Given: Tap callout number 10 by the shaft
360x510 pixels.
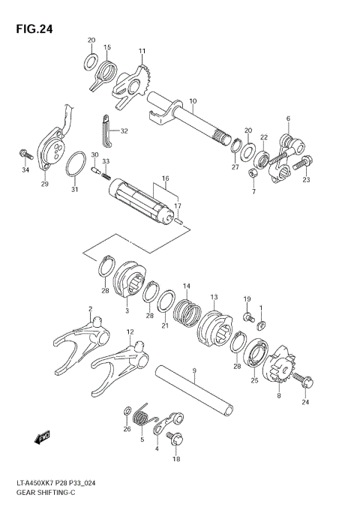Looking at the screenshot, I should tap(193, 100).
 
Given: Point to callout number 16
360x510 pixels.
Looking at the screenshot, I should tap(165, 179).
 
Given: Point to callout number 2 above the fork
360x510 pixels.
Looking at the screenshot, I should tap(90, 308).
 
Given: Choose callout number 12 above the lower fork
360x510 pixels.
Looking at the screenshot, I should tap(130, 331).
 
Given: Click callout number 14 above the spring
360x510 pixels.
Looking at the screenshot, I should tap(187, 286).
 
